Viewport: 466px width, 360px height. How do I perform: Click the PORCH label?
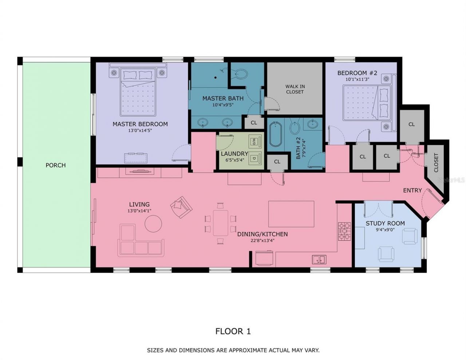(x=55, y=165)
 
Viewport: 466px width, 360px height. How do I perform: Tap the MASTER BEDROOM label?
(x=140, y=124)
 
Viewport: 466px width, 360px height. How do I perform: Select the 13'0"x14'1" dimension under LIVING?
(x=139, y=211)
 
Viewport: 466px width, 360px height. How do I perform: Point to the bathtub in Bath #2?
(x=276, y=134)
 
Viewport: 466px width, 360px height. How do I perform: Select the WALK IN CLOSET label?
(x=295, y=89)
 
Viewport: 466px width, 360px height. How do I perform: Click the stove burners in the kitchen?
(x=344, y=232)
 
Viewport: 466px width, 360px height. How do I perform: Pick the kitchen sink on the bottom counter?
(x=319, y=260)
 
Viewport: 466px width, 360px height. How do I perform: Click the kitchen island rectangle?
(x=291, y=214)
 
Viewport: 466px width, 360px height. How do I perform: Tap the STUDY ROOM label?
(x=385, y=223)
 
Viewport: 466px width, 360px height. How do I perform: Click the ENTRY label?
(x=412, y=190)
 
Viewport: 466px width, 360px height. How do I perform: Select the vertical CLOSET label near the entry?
(x=436, y=162)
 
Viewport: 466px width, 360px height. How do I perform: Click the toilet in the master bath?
(x=240, y=74)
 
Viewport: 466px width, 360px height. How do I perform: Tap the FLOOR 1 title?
(x=233, y=331)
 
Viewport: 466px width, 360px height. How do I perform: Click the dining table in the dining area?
(x=220, y=222)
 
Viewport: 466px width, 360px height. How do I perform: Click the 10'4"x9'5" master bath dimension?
(x=223, y=105)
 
